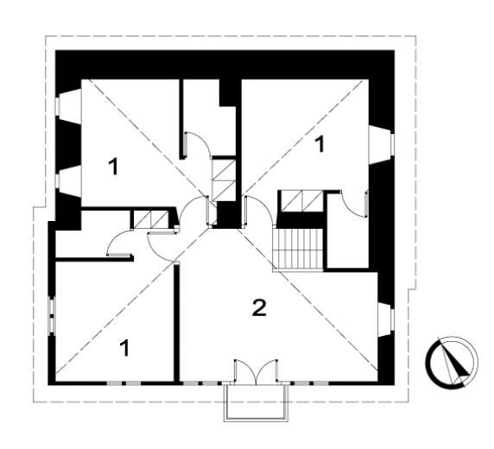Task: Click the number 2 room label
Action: pos(260,308)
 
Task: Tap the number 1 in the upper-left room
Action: pos(113,167)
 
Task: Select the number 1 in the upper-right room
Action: pos(320,144)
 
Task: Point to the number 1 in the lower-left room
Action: pos(125,348)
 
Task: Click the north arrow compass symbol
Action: pos(451,362)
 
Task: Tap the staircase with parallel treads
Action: pos(298,249)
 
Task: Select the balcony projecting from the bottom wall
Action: pos(256,403)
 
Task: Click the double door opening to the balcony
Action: pos(256,372)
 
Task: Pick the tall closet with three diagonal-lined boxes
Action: pos(224,180)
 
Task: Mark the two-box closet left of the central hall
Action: pos(151,219)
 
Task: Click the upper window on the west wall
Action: pos(68,106)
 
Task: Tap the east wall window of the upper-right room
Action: pos(382,144)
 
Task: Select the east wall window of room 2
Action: pos(386,319)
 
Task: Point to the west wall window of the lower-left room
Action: pos(52,314)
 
